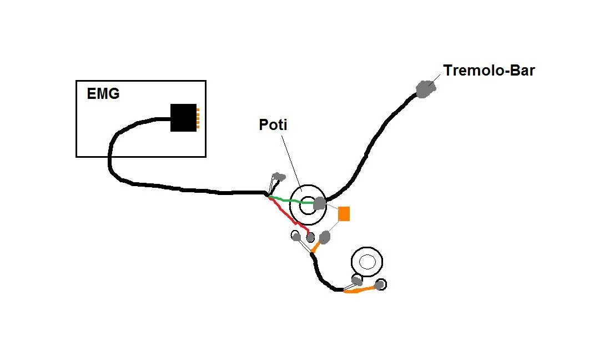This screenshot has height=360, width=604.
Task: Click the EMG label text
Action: [103, 93]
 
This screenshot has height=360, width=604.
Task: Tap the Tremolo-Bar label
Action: [489, 71]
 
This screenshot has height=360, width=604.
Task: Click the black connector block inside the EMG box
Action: [183, 118]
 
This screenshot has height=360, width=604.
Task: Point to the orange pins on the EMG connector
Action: [198, 118]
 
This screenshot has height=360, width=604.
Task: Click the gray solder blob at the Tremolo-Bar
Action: [425, 88]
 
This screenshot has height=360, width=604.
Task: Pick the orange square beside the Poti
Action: [344, 214]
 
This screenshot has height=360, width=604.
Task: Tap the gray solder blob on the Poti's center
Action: [319, 203]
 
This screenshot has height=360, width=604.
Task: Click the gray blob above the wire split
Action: [280, 177]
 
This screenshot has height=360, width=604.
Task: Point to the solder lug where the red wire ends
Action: [310, 238]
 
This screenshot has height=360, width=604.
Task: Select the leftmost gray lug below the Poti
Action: [296, 237]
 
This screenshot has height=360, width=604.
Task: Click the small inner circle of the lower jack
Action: [366, 261]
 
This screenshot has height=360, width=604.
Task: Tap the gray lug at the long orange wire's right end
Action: [380, 285]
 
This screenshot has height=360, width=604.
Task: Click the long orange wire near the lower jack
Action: [361, 290]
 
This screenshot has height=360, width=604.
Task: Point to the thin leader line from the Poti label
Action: [291, 161]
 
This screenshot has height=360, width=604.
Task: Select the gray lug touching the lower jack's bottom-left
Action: [356, 280]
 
